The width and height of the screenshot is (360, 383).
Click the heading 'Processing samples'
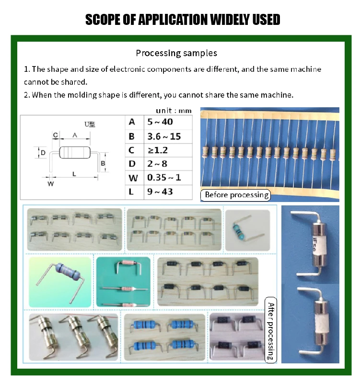click(x=176, y=53)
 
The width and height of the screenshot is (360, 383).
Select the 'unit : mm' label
click(x=174, y=111)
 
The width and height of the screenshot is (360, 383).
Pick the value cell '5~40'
click(x=160, y=122)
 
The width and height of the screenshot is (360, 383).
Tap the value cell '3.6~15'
click(x=164, y=136)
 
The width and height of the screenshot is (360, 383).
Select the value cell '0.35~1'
click(x=164, y=178)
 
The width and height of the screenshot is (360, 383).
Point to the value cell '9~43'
click(x=160, y=192)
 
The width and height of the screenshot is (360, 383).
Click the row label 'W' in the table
click(x=134, y=178)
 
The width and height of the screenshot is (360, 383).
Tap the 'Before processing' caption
click(x=236, y=195)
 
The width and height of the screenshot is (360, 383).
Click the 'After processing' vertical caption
click(x=271, y=330)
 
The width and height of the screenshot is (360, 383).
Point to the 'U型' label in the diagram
click(x=90, y=124)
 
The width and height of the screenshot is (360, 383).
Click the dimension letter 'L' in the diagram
click(x=74, y=174)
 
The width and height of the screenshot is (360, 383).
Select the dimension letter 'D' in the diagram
click(x=43, y=153)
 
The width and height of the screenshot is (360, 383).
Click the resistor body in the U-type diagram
click(x=75, y=152)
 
